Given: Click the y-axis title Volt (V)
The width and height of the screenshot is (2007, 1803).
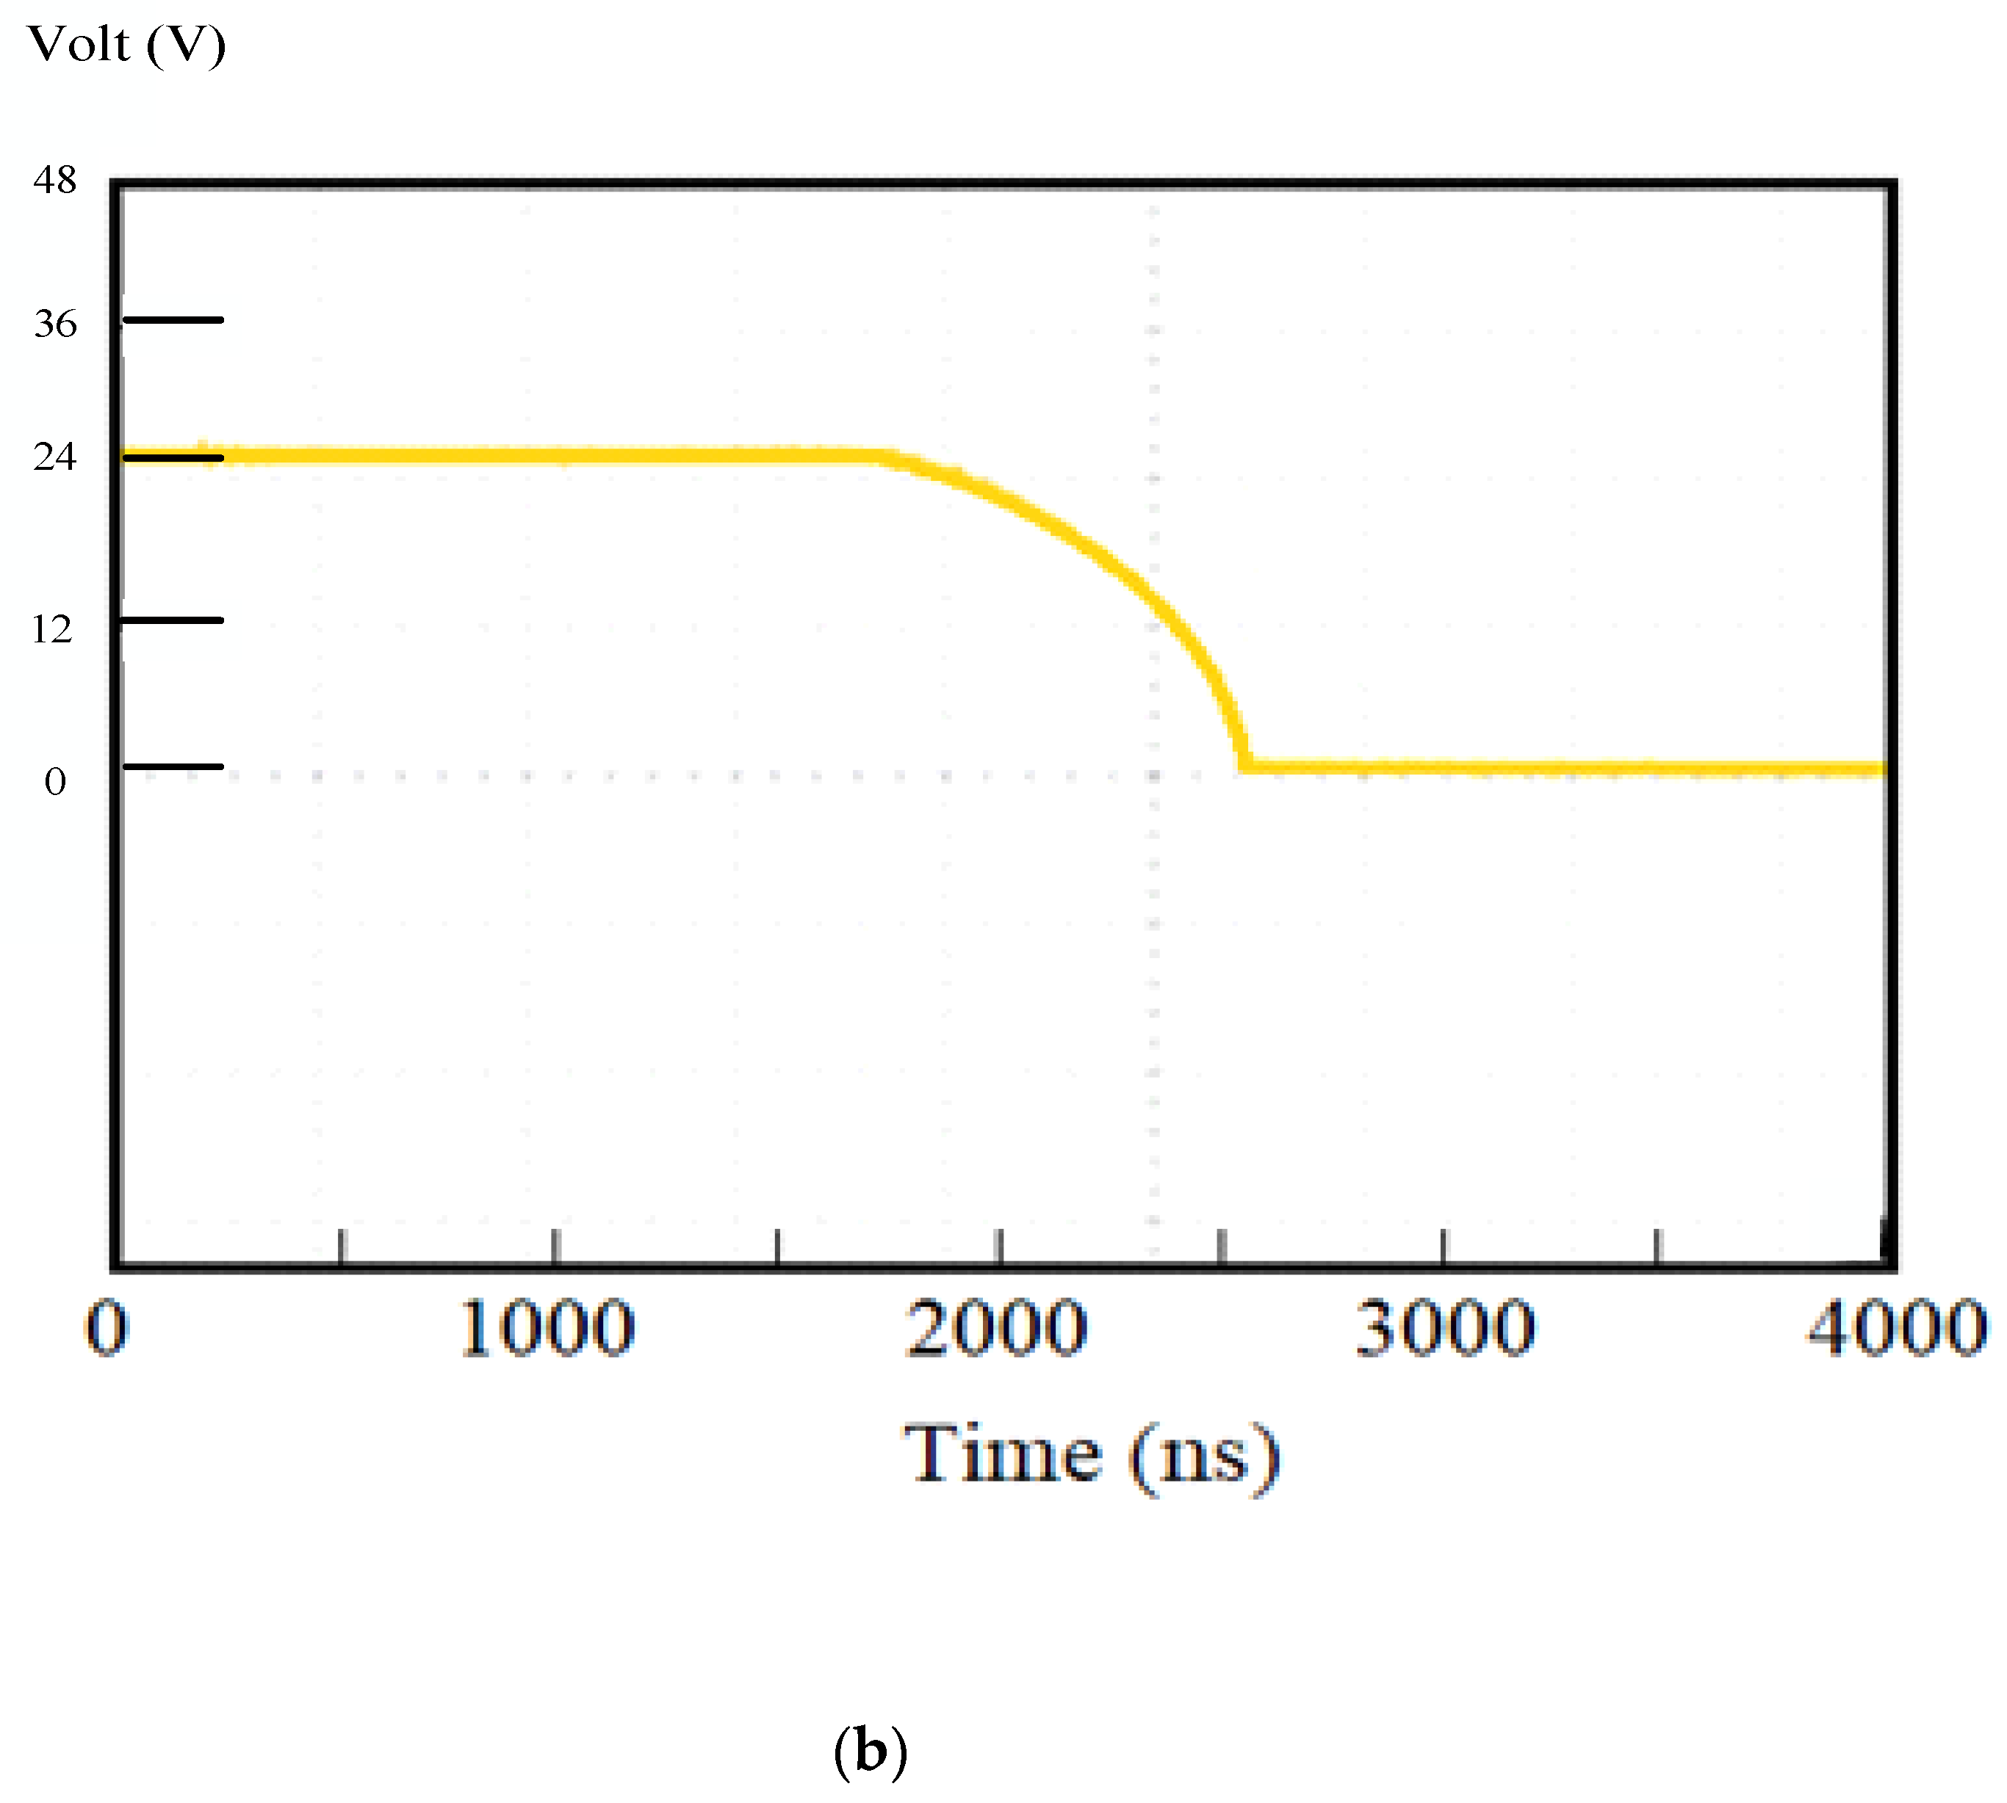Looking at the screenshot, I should click(x=127, y=45).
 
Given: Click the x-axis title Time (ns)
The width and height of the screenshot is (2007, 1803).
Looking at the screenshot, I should click(x=1091, y=1455).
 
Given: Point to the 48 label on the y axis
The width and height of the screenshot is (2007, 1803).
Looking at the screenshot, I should click(x=54, y=181).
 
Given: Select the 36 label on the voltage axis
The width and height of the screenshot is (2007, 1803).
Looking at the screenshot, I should click(x=54, y=323).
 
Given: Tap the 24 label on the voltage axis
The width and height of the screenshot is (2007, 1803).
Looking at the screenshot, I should click(x=54, y=457).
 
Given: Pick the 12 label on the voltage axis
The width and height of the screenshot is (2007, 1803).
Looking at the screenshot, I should click(x=51, y=629).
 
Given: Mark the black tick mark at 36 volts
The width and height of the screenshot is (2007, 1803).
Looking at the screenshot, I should click(x=173, y=320).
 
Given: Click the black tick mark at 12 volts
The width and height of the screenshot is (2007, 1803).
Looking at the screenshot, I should click(x=173, y=620).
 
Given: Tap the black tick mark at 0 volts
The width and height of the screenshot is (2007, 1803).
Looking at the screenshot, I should click(x=173, y=766).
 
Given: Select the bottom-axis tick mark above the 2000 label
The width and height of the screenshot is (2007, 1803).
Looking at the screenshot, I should click(x=1000, y=1247).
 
